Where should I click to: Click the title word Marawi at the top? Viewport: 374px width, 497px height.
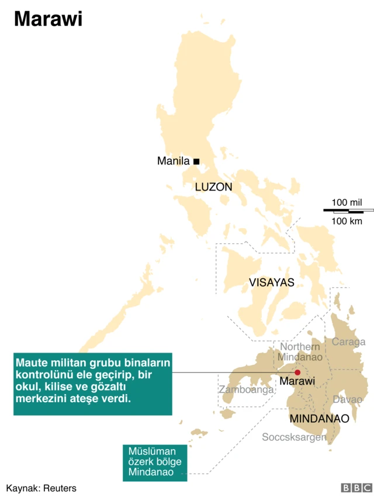coord(48,19)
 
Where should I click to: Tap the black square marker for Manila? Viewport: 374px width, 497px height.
coord(196,161)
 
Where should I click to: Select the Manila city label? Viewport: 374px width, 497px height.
coord(174,161)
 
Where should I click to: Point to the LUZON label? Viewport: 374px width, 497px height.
coord(213,187)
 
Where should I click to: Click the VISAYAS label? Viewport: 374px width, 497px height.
coord(271,283)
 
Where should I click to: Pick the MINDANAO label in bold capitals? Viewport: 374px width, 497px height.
coord(319,419)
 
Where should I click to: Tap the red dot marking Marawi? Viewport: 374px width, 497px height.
coord(297,372)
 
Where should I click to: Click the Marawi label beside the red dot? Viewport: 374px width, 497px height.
coord(297,382)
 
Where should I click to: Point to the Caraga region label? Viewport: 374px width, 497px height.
coord(349,342)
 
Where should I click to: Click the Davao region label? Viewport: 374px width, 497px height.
coord(348,400)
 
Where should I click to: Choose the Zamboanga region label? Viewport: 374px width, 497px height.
coord(246,389)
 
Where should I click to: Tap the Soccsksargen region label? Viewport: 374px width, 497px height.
coord(294,437)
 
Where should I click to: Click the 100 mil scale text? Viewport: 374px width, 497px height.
coord(347,202)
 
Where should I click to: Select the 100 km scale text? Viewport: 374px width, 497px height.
coord(347,221)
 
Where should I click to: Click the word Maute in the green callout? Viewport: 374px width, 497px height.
coord(32,363)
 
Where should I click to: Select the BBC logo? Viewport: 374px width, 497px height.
coord(356,487)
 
